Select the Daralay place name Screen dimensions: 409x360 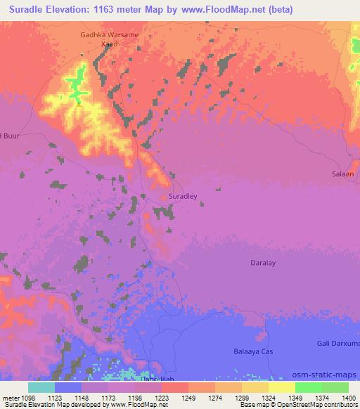point(264,263)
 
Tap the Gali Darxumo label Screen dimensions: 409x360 point(337,342)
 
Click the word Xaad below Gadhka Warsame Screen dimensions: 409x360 point(107,44)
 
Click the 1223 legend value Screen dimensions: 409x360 point(162,398)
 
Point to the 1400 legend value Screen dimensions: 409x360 point(349,398)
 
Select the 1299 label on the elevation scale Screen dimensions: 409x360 point(241,398)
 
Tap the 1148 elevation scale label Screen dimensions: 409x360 point(82,398)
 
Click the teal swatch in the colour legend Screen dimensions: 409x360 point(41,387)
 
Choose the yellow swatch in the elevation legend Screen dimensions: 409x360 point(282,387)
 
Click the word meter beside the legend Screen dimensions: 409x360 point(10,398)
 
